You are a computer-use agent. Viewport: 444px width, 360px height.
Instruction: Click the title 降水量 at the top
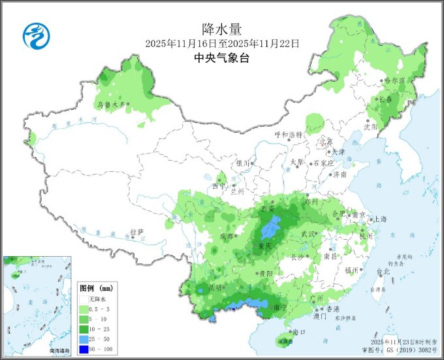pos(221,29)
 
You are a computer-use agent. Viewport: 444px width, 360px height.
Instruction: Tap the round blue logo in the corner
pos(36,35)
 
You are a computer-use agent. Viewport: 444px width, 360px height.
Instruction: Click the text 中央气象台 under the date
pos(221,58)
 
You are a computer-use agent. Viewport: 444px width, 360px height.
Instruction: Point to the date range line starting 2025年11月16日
pos(221,44)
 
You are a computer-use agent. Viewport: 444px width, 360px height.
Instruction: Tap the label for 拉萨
pos(136,232)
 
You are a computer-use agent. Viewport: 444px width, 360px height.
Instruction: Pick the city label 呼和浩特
pos(289,135)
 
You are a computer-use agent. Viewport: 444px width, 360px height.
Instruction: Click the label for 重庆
pos(264,246)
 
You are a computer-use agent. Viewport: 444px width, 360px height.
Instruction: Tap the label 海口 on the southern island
pos(299,332)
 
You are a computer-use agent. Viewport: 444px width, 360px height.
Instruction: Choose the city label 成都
pos(227,236)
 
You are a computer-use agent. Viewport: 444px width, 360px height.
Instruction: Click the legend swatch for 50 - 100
pos(85,350)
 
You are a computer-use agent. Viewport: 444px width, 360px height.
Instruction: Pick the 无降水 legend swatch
pos(85,299)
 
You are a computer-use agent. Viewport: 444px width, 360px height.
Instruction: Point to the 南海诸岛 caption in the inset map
pos(61,351)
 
